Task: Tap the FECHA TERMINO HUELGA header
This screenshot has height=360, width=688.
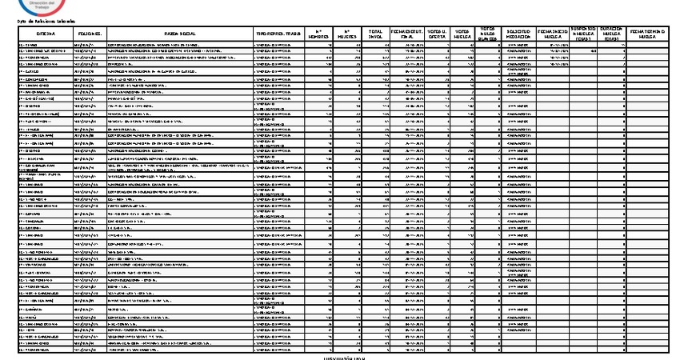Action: (654, 34)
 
